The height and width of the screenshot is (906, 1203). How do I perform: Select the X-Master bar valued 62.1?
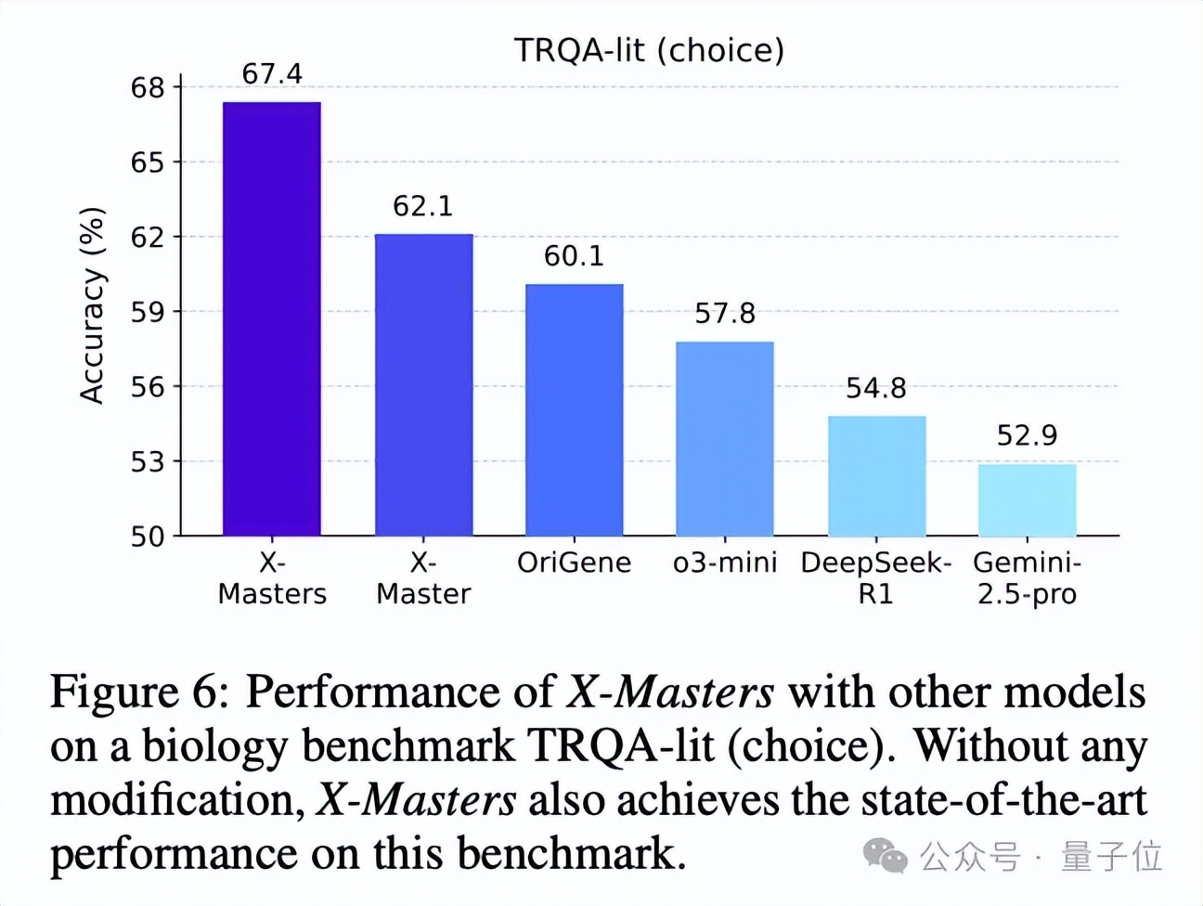(423, 384)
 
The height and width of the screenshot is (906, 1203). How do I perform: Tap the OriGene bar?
(575, 409)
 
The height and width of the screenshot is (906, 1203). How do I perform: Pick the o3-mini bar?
(725, 438)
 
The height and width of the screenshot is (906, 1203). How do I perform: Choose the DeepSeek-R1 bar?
(876, 475)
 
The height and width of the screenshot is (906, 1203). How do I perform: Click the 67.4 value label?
(272, 74)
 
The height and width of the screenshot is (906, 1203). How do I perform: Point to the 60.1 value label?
(574, 256)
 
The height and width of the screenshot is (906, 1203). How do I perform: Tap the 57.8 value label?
(725, 314)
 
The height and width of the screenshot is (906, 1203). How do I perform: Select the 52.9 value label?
(1027, 435)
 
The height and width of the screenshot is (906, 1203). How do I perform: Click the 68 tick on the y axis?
(148, 88)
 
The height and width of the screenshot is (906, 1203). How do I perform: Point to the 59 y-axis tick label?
(148, 312)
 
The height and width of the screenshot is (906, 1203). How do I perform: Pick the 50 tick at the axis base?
(148, 537)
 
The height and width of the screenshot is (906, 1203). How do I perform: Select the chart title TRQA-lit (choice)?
(649, 50)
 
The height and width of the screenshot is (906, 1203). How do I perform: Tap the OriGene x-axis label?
(574, 563)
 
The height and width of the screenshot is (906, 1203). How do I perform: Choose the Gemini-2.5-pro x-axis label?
(1027, 577)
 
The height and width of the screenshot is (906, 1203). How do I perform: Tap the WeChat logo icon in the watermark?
(885, 856)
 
